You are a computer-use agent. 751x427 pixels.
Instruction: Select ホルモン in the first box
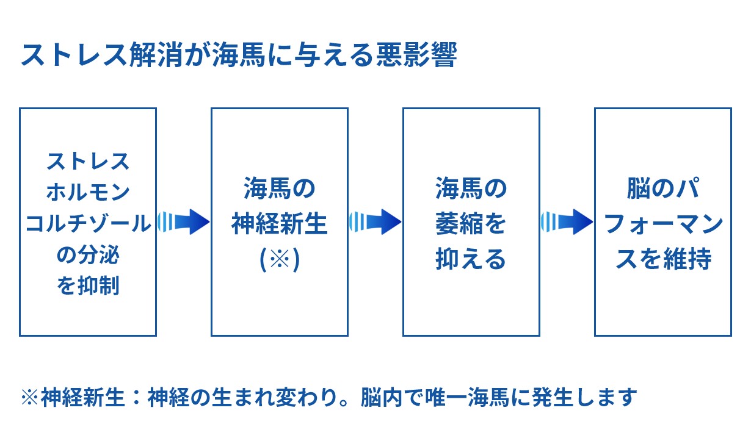coord(88,192)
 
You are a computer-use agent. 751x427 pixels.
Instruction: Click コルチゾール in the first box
coord(88,224)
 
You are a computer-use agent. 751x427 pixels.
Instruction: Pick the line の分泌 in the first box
coord(88,255)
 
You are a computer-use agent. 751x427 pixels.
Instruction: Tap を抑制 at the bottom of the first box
coord(88,285)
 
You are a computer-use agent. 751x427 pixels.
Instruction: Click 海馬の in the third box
coord(471,188)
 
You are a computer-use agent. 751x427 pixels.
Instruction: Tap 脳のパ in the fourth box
coord(663,188)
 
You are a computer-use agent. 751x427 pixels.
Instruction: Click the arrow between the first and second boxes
coord(183,221)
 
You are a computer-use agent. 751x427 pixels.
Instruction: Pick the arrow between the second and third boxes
coord(375,221)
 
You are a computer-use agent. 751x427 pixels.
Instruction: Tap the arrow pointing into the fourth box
coord(567,221)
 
